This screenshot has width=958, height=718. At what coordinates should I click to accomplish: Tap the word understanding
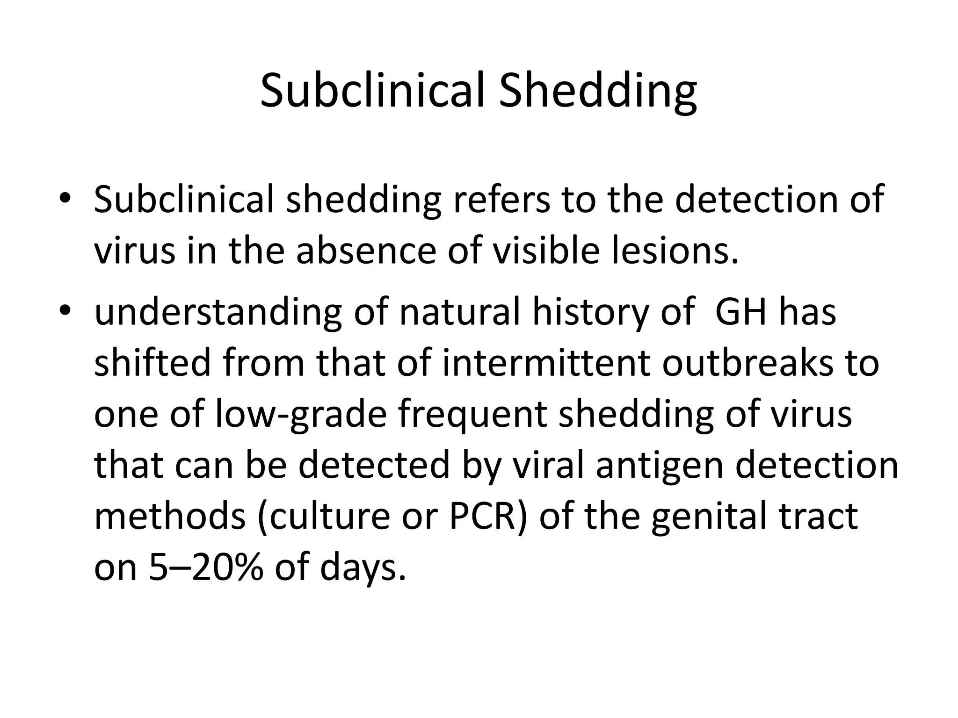(x=218, y=313)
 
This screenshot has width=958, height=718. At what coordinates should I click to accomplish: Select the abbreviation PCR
(x=489, y=517)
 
